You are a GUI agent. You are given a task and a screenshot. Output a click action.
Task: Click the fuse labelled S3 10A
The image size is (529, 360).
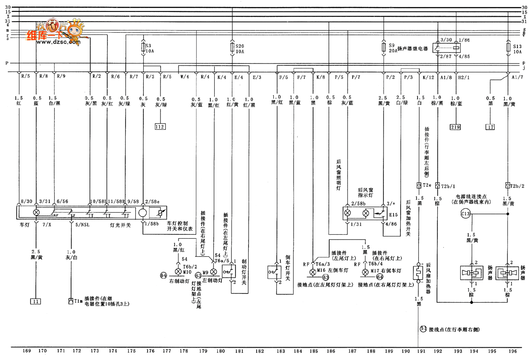tap(143, 47)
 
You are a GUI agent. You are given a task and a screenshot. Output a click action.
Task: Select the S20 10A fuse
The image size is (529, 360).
tap(232, 47)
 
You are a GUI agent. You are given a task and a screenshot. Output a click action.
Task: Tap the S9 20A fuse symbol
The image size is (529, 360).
tap(384, 47)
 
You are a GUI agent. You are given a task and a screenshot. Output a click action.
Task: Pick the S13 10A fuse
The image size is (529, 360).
tap(509, 48)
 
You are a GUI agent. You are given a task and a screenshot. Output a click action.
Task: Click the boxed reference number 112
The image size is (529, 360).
tap(160, 127)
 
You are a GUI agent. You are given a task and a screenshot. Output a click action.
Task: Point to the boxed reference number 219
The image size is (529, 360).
tap(455, 127)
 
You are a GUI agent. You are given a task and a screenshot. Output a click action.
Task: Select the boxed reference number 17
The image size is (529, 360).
tap(490, 127)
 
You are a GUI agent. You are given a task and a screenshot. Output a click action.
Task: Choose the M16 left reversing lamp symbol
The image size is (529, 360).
tap(312, 270)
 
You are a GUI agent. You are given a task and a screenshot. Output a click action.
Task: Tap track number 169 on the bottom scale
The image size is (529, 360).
tap(26, 351)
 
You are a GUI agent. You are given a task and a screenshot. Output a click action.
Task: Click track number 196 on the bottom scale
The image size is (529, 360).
tap(512, 351)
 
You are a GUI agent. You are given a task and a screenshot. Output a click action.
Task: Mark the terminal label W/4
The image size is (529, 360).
tap(184, 77)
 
